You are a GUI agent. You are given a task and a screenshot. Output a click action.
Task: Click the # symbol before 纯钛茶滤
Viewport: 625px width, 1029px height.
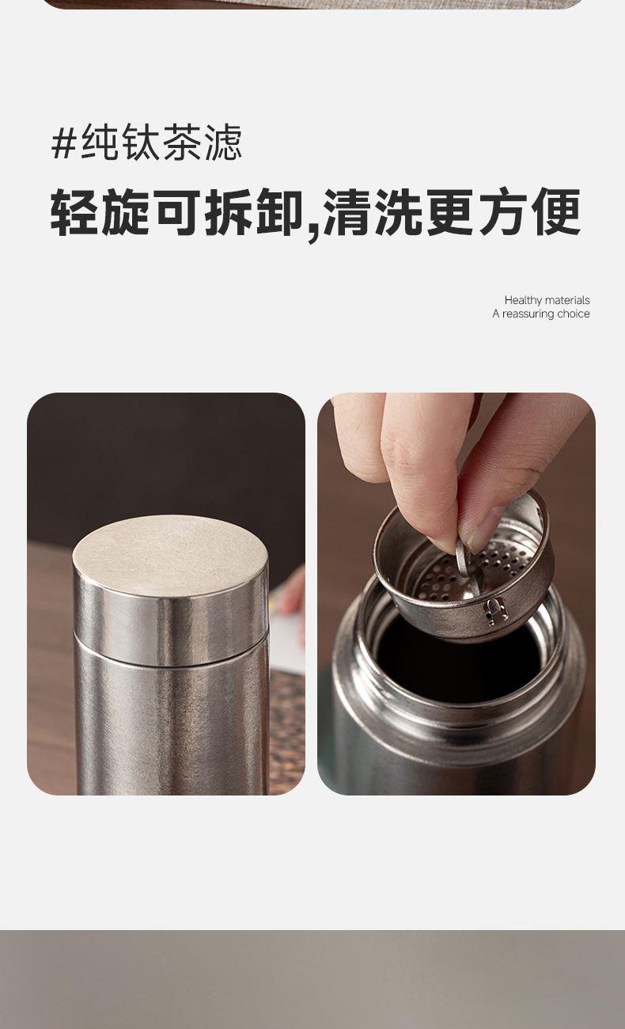point(64,142)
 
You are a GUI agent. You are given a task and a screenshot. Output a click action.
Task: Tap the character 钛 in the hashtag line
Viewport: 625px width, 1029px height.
point(141,142)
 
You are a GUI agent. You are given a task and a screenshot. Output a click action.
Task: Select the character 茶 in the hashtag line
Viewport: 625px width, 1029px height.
point(182,142)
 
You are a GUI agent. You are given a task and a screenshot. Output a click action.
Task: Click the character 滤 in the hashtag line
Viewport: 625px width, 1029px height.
point(223,142)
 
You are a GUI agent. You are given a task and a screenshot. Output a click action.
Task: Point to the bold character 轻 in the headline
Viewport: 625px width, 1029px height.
point(75,212)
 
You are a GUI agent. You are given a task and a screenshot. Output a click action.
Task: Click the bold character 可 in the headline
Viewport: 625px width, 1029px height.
point(178,212)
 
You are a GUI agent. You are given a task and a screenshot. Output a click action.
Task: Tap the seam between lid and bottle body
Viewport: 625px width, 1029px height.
point(171,658)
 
